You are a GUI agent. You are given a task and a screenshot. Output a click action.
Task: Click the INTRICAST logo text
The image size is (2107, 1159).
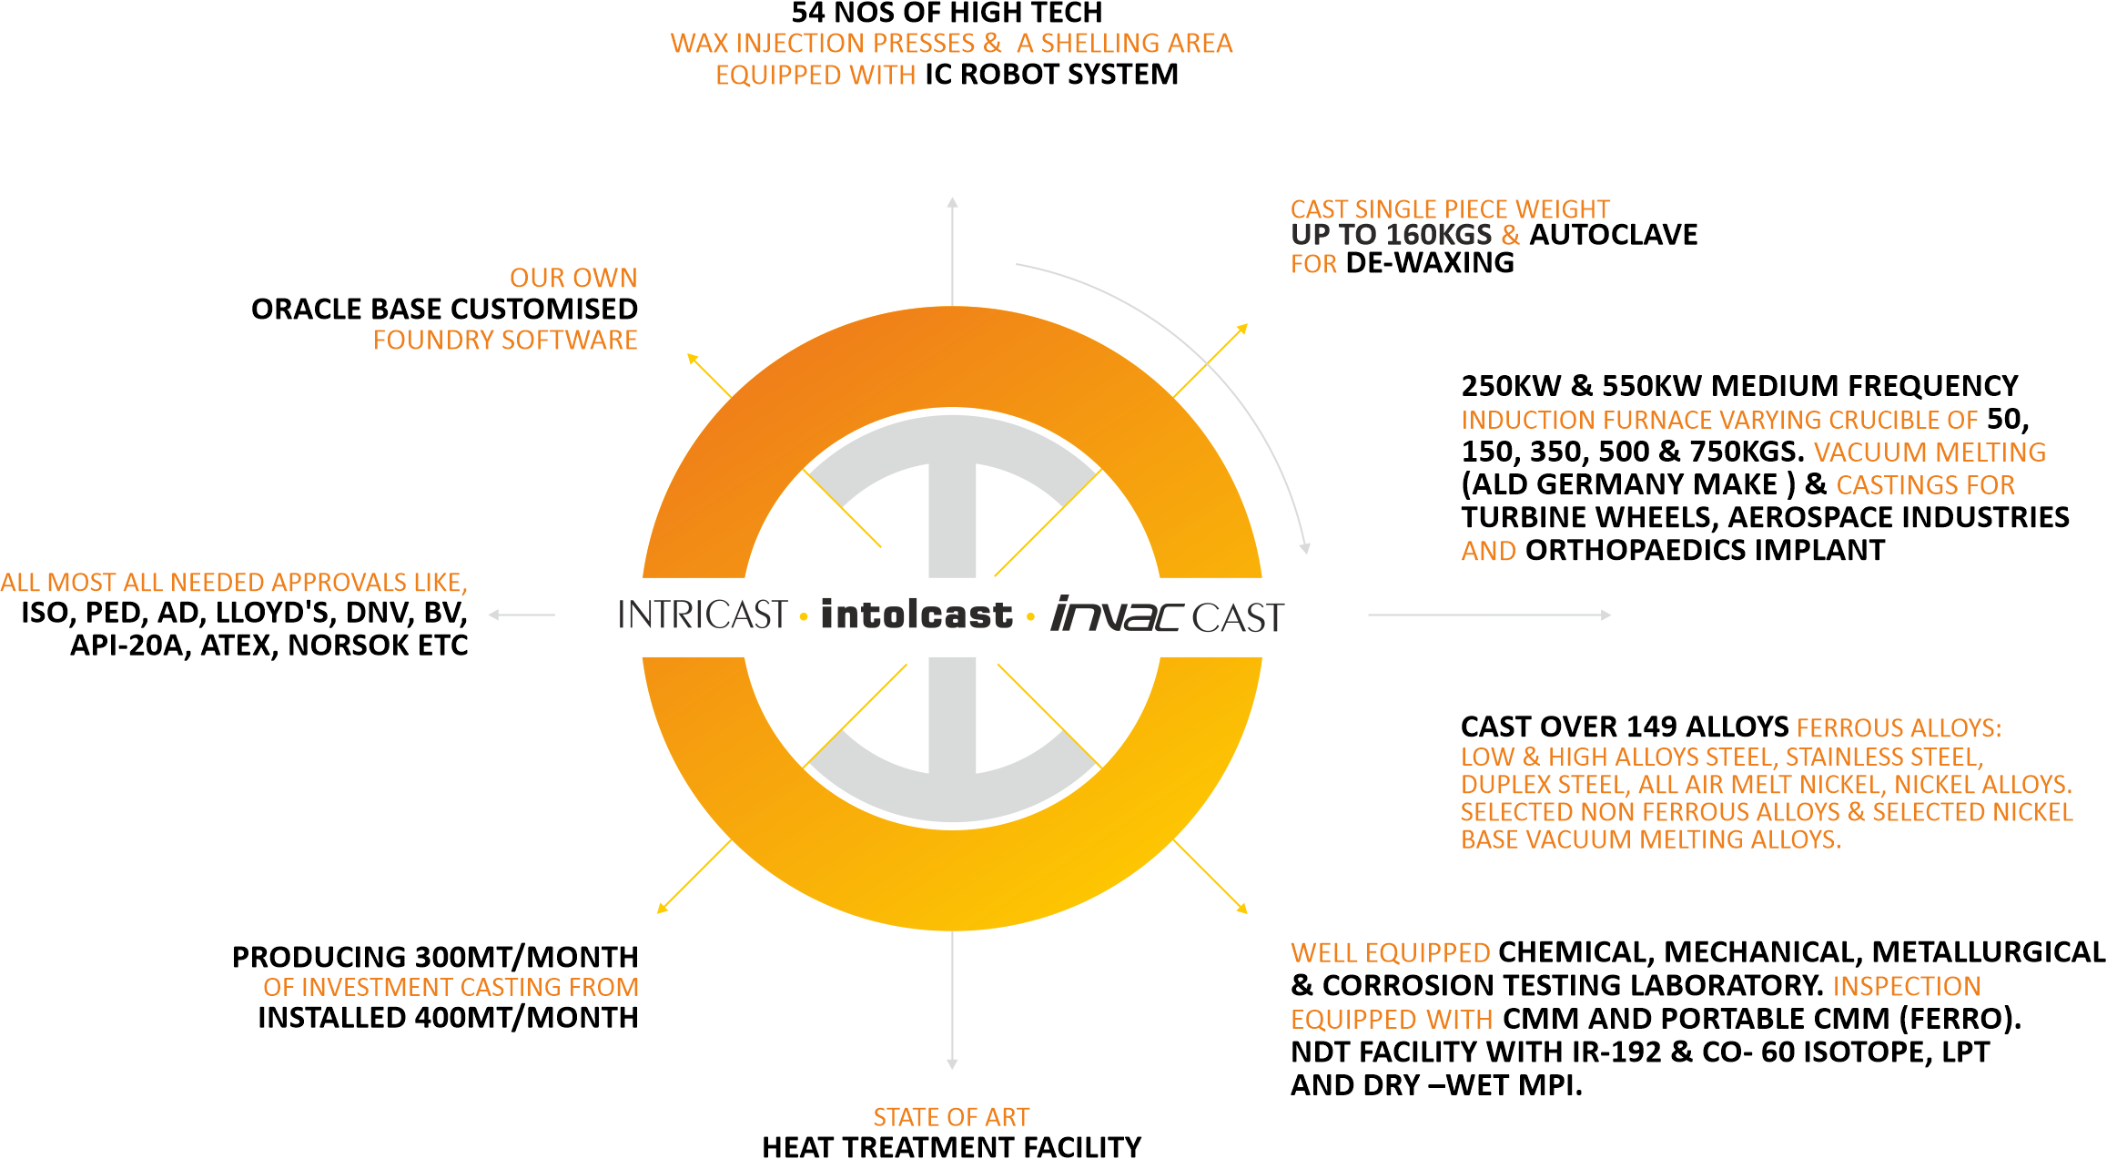point(702,615)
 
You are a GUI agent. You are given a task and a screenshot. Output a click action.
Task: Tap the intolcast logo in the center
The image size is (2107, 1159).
point(916,615)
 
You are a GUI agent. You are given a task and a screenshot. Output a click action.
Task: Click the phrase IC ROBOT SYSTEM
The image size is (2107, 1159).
point(1051,75)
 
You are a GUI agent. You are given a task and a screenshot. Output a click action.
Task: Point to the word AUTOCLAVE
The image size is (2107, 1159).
point(1613,235)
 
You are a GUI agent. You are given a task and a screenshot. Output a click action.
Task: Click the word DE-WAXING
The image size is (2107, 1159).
point(1429,263)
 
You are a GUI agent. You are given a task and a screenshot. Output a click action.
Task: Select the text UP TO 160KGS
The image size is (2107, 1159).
point(1391,235)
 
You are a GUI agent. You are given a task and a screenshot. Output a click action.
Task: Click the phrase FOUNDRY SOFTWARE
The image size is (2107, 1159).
point(505,341)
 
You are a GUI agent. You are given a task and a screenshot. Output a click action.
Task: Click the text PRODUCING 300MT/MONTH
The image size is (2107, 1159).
point(435,957)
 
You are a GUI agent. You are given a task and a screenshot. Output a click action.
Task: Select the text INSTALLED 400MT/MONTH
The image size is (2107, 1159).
point(448,1017)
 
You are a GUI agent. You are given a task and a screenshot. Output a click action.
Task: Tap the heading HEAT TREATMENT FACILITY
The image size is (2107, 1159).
point(951,1146)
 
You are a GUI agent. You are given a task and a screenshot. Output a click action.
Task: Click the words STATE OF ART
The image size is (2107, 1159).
point(951,1117)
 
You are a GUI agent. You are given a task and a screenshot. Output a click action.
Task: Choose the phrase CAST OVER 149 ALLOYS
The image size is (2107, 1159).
point(1625,727)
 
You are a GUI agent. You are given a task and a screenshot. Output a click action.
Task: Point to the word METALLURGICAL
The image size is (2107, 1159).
point(1989,952)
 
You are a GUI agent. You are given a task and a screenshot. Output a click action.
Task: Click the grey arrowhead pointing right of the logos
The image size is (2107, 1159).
point(1606,615)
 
